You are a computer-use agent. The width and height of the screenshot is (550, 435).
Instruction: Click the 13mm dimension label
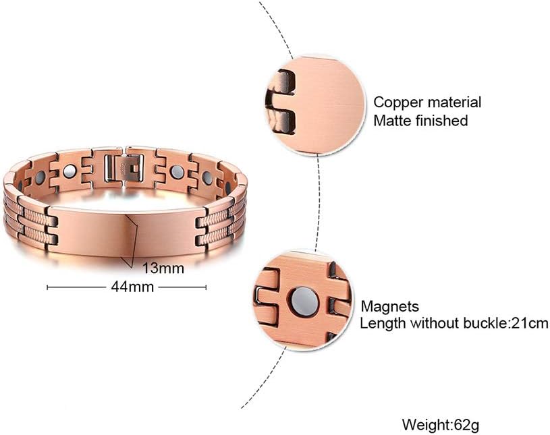163,268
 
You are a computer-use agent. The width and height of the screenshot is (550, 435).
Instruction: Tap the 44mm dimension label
127,287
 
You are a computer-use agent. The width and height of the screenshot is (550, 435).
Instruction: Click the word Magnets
389,306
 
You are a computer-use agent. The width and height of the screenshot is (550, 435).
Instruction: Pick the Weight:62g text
441,426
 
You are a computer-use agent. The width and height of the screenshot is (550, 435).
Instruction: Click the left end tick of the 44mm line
47,287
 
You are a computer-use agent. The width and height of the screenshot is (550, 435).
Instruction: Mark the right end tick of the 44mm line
206,287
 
